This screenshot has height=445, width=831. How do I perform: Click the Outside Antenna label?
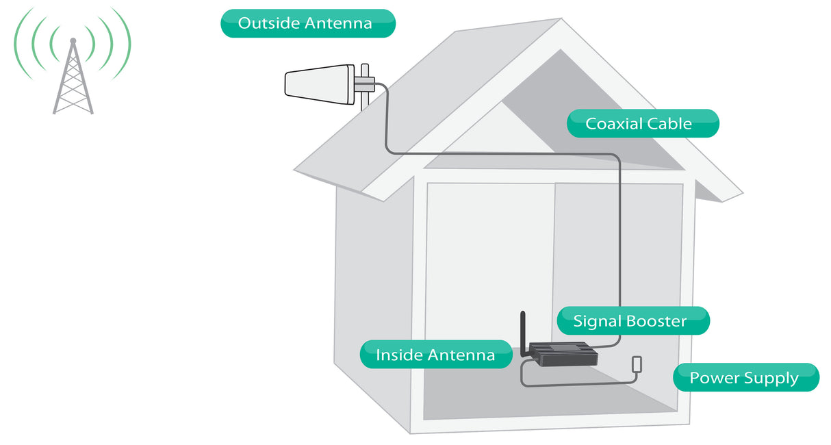307,23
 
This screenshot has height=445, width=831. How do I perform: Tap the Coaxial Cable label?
643,124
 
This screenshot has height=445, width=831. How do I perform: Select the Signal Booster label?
632,321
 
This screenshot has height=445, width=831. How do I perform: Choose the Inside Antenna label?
436,355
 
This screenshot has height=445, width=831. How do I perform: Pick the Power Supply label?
745,378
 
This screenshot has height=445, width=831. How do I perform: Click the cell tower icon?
73,75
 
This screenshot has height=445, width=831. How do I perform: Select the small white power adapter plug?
637,364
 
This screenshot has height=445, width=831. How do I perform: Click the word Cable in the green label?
667,124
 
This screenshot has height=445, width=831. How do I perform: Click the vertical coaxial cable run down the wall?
619,233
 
